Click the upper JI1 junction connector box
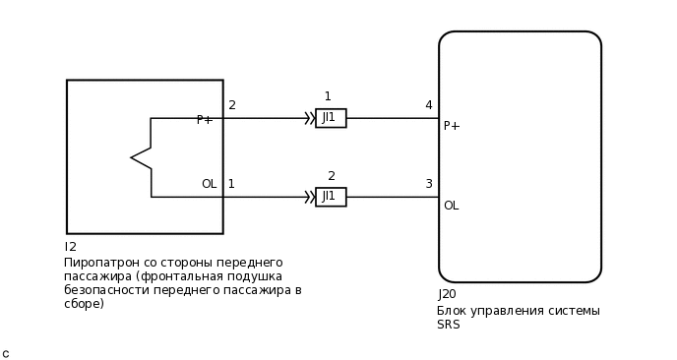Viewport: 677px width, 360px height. coord(331,118)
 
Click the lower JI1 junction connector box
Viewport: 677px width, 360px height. coord(331,197)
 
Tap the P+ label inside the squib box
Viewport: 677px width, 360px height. coord(205,120)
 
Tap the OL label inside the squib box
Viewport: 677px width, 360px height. coord(209,184)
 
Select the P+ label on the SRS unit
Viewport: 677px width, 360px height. coord(452,126)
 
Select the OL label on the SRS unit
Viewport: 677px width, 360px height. coord(451,206)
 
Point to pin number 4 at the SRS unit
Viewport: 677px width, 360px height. coord(428,105)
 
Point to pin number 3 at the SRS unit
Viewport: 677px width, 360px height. coord(428,184)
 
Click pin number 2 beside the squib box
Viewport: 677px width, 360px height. coord(232,105)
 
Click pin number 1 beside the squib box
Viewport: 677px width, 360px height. coord(231,184)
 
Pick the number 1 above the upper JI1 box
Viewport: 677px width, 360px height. coord(328,96)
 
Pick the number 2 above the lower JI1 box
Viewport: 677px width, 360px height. coord(332,176)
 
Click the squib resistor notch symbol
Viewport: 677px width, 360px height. coord(141,157)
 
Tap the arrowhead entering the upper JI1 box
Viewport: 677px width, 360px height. coord(309,118)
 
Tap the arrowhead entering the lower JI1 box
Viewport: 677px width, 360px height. coord(309,197)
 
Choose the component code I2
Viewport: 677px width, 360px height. coord(70,247)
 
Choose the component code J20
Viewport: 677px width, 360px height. coord(447,294)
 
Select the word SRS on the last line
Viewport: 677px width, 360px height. coord(448,325)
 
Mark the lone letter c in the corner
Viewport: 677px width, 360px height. coord(5,353)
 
